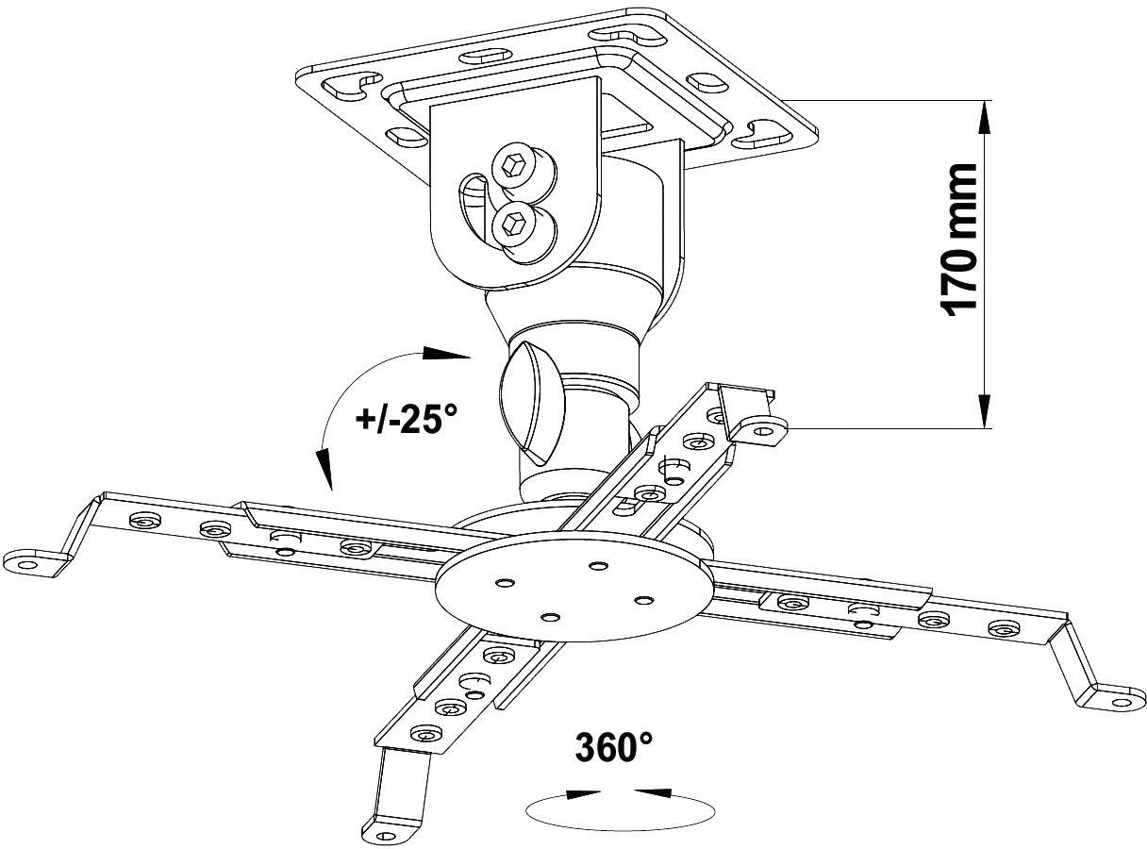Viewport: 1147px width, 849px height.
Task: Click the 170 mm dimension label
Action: pos(958,241)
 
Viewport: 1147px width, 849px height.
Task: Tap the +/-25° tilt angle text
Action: pos(410,418)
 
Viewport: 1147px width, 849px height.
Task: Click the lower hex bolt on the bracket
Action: pos(514,224)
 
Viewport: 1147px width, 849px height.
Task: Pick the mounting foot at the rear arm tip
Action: pos(762,428)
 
